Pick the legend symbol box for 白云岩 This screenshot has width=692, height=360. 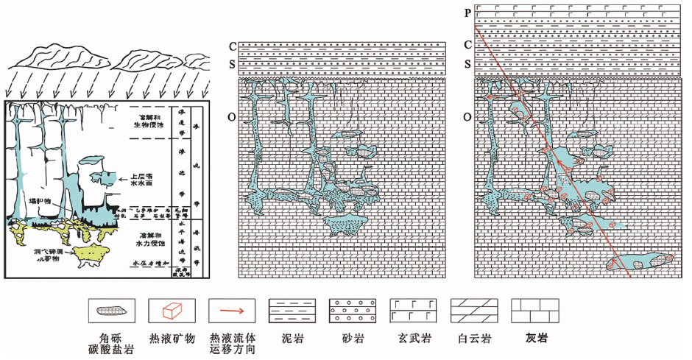[469, 309]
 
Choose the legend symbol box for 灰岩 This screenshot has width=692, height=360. [529, 309]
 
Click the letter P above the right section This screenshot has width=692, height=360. [467, 12]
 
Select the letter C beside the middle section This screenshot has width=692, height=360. [233, 46]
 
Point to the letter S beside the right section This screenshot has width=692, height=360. [467, 64]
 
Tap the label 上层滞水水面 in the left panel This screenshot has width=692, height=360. [144, 181]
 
